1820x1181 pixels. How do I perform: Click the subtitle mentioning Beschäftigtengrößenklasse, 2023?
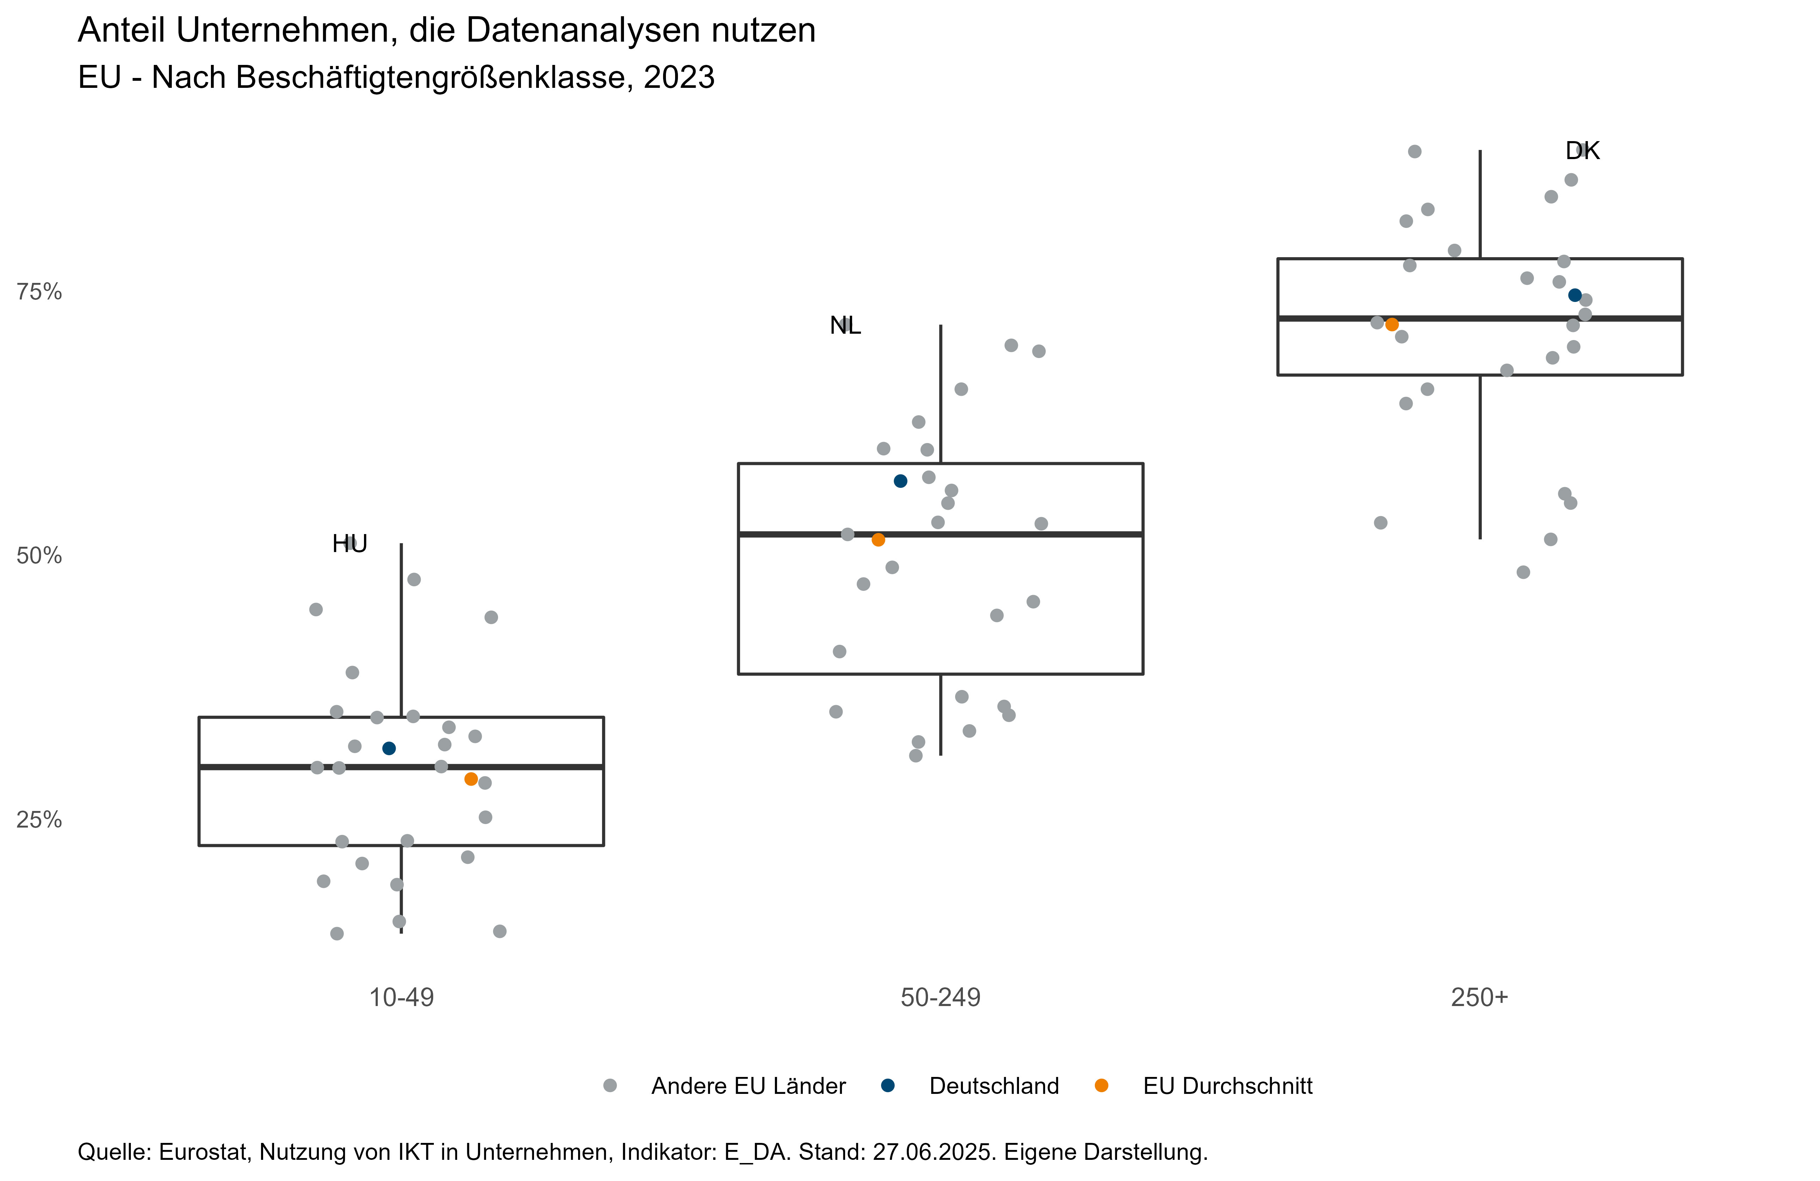[396, 77]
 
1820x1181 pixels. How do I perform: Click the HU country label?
[350, 544]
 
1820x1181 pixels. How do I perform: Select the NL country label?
[845, 326]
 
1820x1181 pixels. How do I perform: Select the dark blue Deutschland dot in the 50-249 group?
[901, 481]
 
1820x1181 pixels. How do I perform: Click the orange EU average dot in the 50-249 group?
[879, 540]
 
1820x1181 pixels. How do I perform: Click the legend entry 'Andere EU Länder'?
[748, 1086]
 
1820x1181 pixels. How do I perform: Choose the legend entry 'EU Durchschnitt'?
[1227, 1086]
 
